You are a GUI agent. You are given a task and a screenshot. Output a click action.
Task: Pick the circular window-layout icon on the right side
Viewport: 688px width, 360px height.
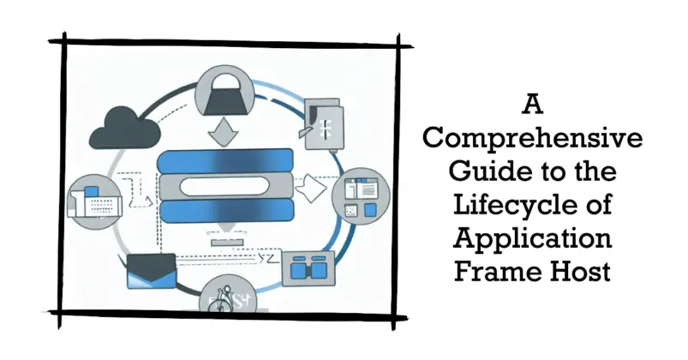pyautogui.click(x=364, y=195)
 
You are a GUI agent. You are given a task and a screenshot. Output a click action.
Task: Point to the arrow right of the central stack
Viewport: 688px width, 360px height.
pyautogui.click(x=310, y=183)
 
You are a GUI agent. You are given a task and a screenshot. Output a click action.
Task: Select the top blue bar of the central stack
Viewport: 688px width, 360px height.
pyautogui.click(x=226, y=160)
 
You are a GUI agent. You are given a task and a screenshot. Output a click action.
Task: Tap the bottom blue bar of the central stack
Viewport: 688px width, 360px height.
pyautogui.click(x=226, y=211)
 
